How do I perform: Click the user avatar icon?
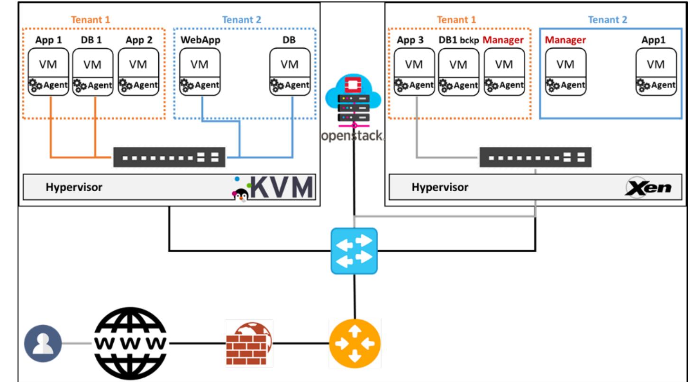(43, 343)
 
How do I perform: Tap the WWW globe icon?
(130, 343)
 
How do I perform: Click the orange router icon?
(355, 343)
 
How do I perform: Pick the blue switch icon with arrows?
(354, 251)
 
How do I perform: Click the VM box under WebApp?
(200, 64)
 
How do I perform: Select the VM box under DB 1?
(92, 65)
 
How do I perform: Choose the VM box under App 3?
(414, 64)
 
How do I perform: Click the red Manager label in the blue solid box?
(565, 40)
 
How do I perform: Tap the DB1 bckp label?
(458, 40)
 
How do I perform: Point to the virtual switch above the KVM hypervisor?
(169, 157)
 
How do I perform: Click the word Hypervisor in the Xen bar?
(439, 187)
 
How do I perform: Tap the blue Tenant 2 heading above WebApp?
(241, 20)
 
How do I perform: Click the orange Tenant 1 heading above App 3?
(456, 20)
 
